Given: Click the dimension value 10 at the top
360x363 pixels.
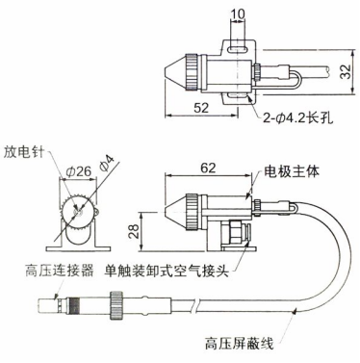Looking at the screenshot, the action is [x=238, y=13].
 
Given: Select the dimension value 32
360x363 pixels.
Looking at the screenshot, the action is [x=346, y=71].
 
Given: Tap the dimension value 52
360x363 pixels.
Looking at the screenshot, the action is [x=201, y=108].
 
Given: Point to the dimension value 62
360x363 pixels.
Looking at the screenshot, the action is [x=208, y=168].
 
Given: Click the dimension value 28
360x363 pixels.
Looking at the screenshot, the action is [x=134, y=230].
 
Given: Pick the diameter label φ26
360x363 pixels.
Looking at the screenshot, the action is [x=79, y=171].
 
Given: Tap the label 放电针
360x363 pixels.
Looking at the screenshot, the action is [x=23, y=152].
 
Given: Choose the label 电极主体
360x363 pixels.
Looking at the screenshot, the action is [x=292, y=171].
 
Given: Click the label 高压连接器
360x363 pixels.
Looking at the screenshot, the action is [x=60, y=271].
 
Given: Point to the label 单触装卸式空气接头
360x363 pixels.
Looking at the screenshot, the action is [x=167, y=272].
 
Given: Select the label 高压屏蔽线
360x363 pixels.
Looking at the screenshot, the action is [x=239, y=344].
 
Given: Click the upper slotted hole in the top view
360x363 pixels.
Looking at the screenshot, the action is [x=238, y=49].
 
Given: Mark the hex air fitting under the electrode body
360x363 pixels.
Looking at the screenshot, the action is [x=236, y=232].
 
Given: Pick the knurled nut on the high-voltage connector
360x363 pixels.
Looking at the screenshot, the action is [x=116, y=305].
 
